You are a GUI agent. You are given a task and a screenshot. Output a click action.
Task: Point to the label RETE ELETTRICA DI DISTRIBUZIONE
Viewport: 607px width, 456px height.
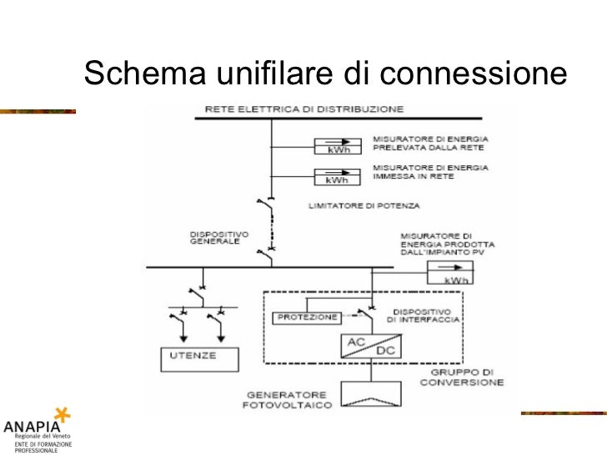pos(305,109)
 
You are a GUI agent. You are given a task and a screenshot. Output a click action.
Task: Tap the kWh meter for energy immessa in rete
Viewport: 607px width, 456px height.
pos(336,176)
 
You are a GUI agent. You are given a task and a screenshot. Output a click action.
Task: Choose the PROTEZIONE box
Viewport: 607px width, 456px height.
pos(305,317)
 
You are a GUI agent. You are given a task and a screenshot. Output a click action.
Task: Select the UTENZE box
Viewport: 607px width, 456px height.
pos(199,357)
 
